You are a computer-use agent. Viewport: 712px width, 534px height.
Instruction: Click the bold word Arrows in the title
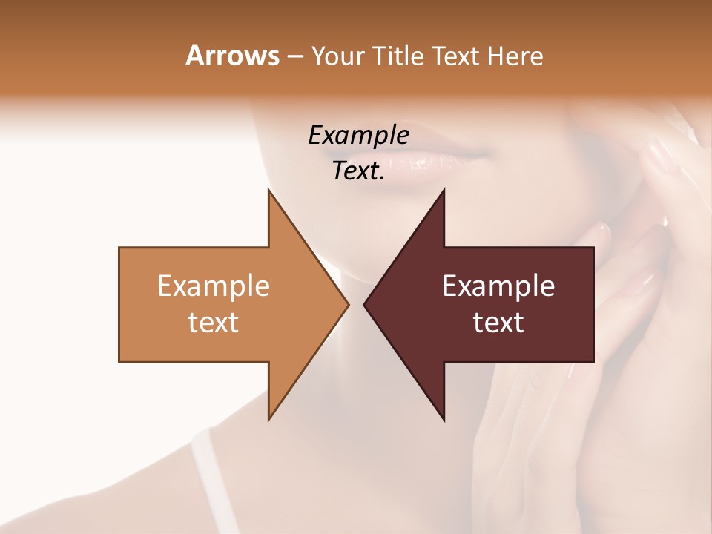coord(232,56)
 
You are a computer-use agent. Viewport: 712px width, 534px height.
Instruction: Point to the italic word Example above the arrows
coord(358,135)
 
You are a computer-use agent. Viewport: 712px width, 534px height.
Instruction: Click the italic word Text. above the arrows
coord(358,171)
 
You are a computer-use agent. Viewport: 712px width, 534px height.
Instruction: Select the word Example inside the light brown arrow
coord(214,286)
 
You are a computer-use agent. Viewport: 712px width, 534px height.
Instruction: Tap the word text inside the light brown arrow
coord(214,322)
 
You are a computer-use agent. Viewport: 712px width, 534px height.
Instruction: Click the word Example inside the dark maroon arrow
coord(498,286)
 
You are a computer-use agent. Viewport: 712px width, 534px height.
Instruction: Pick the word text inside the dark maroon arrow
coord(498,322)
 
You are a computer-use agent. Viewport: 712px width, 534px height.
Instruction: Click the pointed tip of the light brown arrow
coord(348,304)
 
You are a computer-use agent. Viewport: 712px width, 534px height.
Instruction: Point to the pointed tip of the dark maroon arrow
coord(364,304)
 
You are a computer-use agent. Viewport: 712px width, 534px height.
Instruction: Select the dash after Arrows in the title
coord(294,57)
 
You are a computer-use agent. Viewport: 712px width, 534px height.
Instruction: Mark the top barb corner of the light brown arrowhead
coord(268,189)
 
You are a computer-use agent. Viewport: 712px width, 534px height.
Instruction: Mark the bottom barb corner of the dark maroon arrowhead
coord(444,421)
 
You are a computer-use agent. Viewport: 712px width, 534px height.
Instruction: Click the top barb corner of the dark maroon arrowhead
coord(444,189)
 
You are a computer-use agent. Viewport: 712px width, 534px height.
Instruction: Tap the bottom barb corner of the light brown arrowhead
coord(268,421)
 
